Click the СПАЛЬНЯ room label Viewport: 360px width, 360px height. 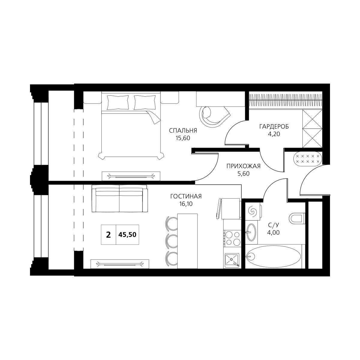[x=183, y=130]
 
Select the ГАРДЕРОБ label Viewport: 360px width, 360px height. [x=274, y=127]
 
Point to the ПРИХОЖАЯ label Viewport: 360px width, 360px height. [x=243, y=166]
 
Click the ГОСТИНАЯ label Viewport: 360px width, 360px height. [x=186, y=196]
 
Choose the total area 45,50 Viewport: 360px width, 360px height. [x=127, y=235]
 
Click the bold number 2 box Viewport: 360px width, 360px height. [x=108, y=235]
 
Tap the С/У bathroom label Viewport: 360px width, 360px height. [x=274, y=225]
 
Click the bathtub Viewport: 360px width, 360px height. [x=274, y=256]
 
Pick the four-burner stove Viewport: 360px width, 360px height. [x=232, y=238]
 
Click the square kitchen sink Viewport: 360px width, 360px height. [x=232, y=260]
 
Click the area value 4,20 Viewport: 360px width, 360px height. [x=274, y=134]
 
